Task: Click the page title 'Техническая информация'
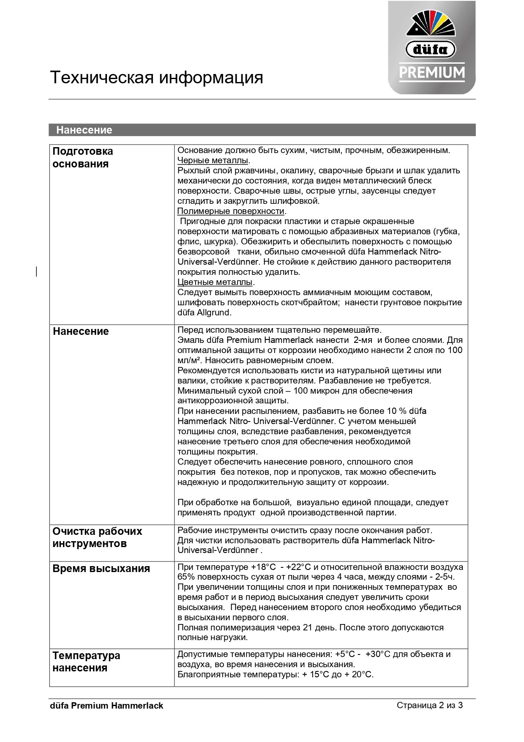point(156,78)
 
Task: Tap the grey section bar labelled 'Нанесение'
point(262,130)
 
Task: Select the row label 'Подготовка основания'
point(83,157)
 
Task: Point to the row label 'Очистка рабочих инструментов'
point(97,537)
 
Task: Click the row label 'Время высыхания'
point(101,568)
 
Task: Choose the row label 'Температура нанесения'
point(86,662)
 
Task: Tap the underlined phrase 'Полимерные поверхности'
point(231,211)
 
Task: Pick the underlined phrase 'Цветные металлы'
point(215,282)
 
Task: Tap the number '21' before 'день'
point(308,628)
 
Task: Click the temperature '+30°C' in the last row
point(378,654)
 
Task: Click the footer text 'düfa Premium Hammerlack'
point(106,706)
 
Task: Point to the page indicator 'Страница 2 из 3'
point(430,705)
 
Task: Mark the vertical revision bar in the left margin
point(37,271)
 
